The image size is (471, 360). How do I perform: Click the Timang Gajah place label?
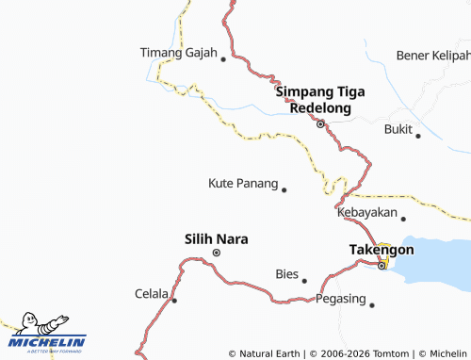click(178, 53)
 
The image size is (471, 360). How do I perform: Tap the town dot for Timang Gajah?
click(223, 59)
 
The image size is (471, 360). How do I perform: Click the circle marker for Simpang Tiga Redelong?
click(320, 123)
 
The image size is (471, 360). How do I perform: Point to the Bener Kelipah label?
click(432, 56)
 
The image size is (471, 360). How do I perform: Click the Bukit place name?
click(398, 129)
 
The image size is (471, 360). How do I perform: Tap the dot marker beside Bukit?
click(418, 136)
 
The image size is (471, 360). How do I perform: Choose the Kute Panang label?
click(243, 182)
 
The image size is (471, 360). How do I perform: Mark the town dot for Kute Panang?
click(284, 189)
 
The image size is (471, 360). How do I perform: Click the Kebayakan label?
click(366, 213)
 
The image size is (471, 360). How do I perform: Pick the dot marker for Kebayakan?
click(403, 219)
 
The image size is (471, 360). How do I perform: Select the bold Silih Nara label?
click(217, 239)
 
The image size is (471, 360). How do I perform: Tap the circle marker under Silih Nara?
click(217, 254)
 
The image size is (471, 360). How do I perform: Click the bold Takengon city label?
click(381, 249)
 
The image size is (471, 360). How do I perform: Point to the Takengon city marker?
click(382, 265)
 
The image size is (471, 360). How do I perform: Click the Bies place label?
click(286, 274)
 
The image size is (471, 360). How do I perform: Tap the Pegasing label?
click(339, 299)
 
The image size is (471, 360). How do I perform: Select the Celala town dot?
click(174, 301)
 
